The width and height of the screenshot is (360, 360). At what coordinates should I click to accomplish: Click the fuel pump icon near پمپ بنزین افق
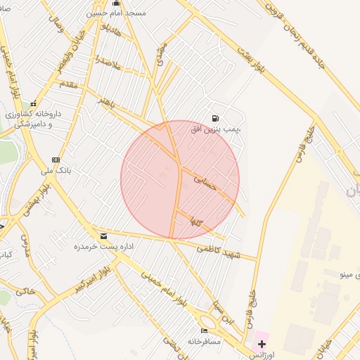pyautogui.click(x=214, y=118)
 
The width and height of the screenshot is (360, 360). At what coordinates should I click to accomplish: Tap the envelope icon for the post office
pyautogui.click(x=104, y=236)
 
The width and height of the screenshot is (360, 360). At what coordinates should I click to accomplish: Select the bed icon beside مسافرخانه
pyautogui.click(x=205, y=330)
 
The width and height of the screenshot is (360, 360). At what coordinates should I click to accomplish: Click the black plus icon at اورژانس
pyautogui.click(x=262, y=344)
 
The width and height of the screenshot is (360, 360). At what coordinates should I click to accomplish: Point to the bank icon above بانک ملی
pyautogui.click(x=56, y=160)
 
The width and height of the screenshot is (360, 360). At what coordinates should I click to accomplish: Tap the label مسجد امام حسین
pyautogui.click(x=116, y=13)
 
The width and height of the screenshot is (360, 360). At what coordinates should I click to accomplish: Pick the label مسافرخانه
pyautogui.click(x=204, y=341)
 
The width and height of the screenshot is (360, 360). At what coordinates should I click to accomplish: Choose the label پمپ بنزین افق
pyautogui.click(x=216, y=129)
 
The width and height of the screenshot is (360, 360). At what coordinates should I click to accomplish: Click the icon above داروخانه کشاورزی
pyautogui.click(x=33, y=104)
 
